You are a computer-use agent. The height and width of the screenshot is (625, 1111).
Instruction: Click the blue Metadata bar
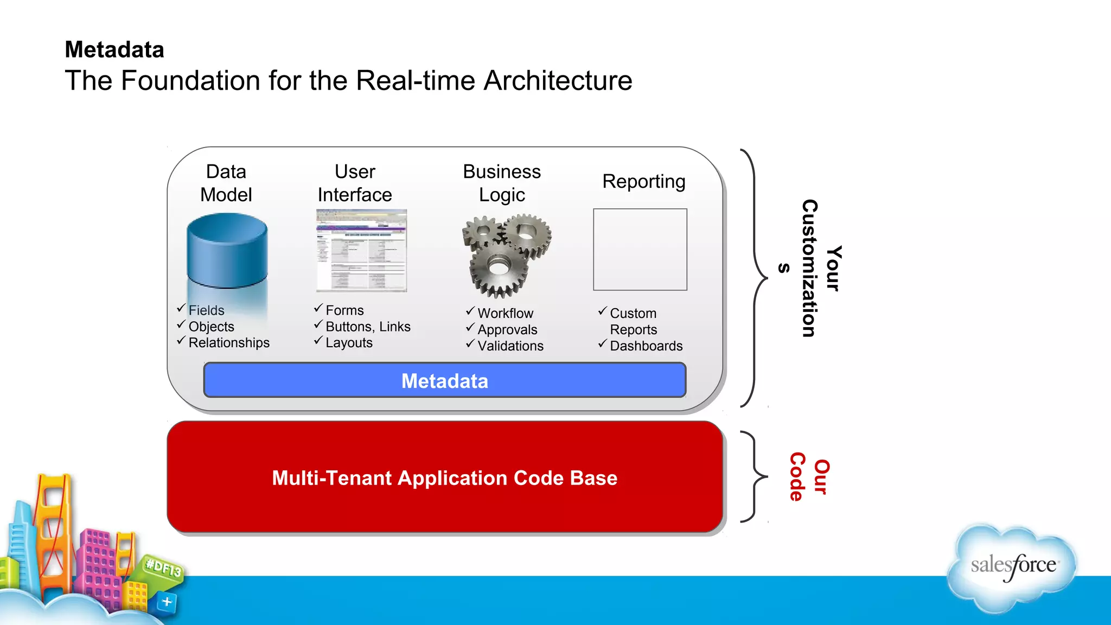coord(444,380)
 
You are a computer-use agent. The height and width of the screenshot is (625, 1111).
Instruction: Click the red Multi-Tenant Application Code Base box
coord(444,477)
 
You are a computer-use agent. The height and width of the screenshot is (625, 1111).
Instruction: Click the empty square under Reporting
coord(640,250)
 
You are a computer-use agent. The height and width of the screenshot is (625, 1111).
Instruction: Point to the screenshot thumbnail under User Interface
coord(361,251)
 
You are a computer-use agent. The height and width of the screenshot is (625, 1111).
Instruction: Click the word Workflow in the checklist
coord(505,313)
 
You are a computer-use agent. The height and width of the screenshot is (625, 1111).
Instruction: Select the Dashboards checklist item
coord(646,346)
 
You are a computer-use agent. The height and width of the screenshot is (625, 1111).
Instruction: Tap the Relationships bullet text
coord(228,342)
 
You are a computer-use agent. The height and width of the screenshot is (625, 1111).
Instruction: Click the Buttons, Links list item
coord(367,326)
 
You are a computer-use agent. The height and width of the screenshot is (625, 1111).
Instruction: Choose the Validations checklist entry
coord(510,346)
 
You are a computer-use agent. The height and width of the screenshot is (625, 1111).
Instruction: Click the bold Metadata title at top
coord(114,49)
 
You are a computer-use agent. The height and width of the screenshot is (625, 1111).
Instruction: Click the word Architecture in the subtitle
coord(558,80)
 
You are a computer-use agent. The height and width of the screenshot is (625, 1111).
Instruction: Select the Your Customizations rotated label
coord(819,268)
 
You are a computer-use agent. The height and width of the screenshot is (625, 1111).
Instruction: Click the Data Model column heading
coord(226,183)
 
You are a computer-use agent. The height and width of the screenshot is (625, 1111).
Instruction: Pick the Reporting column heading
coord(643,181)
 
